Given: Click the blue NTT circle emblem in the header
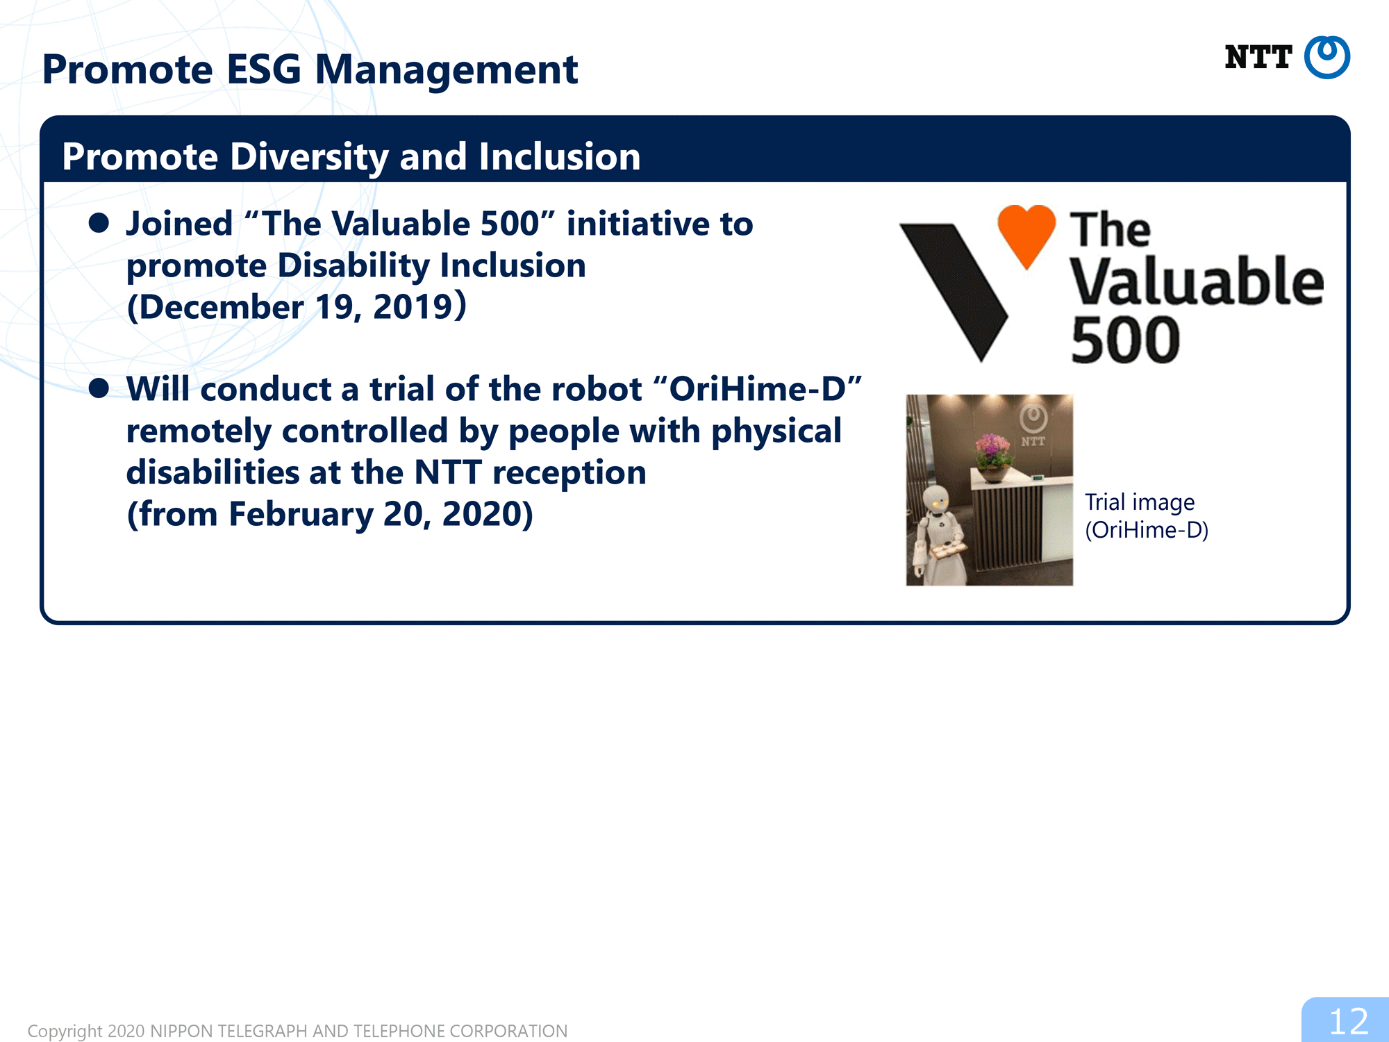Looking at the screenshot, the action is point(1326,57).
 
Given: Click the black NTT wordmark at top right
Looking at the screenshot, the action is point(1258,57).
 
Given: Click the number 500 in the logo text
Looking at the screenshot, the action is point(1125,340).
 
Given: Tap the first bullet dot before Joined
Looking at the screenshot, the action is point(99,223).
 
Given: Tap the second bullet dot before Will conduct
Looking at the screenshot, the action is point(99,388).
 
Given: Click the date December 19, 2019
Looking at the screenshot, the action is point(296,306).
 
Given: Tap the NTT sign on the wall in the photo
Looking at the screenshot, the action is point(1033,425).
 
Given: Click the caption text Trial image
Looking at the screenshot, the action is point(1140,502).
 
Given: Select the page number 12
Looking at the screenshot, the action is point(1349,1022).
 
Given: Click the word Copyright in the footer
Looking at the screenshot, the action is point(65,1032).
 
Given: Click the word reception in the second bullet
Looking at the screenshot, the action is point(569,474).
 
